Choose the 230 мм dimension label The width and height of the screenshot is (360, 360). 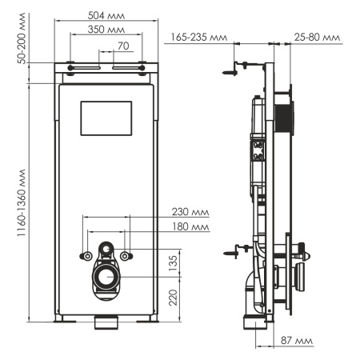190,212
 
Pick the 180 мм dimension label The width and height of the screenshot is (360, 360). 190,227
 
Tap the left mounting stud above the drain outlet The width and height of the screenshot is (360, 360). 85,255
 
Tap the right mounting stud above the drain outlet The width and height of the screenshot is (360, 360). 125,255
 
